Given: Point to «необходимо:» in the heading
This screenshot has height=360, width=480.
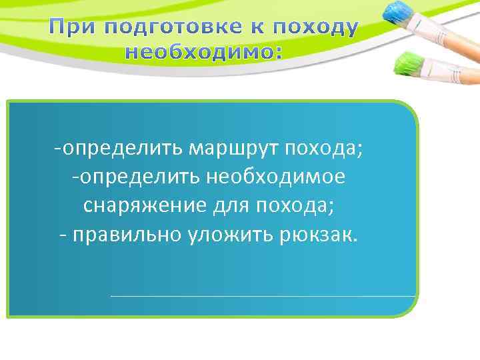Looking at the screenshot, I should (203, 51).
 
